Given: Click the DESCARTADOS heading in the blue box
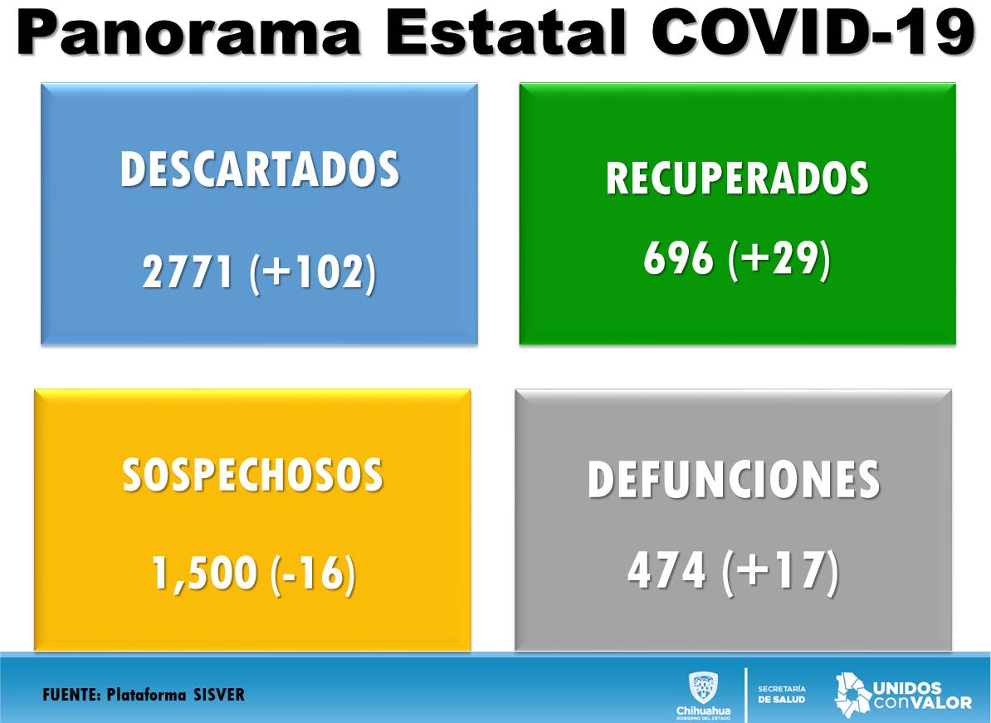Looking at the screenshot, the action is click(260, 169).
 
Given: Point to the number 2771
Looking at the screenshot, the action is click(188, 272).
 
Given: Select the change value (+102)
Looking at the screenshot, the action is click(313, 273).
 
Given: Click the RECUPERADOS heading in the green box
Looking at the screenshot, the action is click(737, 178).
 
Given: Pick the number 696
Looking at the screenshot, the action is click(678, 258).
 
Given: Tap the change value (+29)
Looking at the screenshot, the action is click(779, 259).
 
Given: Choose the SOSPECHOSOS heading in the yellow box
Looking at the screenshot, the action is click(253, 475).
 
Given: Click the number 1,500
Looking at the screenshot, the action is click(203, 573).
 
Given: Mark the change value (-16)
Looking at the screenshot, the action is click(313, 574).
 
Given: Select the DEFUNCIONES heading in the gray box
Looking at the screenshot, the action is click(734, 479).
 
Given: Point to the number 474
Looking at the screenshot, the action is click(666, 570).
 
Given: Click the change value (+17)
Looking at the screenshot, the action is click(781, 571).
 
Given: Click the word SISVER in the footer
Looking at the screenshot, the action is click(218, 695).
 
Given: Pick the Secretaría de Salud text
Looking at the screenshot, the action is click(782, 695).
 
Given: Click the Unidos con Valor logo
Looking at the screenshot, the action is click(903, 696).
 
